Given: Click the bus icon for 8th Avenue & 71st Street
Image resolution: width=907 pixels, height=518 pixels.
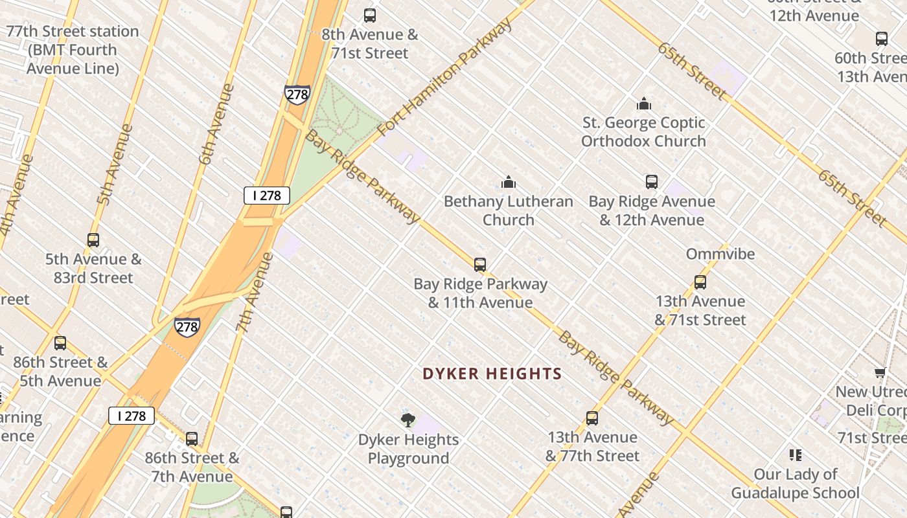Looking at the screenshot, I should [370, 15].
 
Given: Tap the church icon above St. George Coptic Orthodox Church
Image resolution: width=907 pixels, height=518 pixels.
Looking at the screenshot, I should [643, 104].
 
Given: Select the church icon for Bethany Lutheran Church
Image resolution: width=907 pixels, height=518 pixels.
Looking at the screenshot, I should [509, 182].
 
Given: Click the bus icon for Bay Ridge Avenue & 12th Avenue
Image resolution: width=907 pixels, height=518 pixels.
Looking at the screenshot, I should [652, 182].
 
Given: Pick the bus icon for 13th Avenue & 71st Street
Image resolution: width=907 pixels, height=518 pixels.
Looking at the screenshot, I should [700, 282].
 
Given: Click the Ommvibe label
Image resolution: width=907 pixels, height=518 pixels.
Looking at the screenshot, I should [720, 254].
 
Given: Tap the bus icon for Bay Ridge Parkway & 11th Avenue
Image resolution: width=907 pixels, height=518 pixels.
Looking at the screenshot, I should [480, 265].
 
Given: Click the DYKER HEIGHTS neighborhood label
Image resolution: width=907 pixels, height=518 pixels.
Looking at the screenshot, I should [492, 374].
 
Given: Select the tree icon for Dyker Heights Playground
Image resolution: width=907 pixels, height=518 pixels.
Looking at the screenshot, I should [408, 420].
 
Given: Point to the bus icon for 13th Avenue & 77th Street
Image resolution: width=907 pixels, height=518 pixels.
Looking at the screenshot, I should [591, 418].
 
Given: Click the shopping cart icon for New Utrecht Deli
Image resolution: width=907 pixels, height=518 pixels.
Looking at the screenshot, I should [880, 373].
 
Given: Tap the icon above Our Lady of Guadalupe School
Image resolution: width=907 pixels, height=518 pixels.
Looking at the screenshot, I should [795, 455].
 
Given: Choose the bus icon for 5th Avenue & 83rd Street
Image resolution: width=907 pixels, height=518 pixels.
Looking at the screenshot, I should [93, 240].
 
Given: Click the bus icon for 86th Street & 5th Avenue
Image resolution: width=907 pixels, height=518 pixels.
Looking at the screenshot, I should [60, 343].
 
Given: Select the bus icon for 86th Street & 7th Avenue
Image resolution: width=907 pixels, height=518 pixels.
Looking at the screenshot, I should [192, 439].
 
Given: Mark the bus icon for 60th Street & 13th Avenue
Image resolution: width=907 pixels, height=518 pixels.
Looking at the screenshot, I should [881, 39].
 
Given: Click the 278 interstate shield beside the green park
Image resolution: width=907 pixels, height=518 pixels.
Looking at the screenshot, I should [297, 95].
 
